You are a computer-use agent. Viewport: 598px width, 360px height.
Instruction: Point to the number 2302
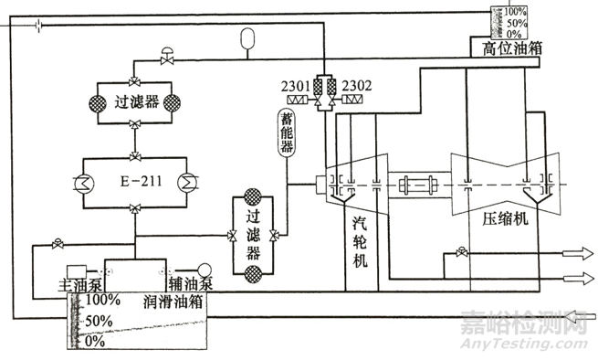click(357, 87)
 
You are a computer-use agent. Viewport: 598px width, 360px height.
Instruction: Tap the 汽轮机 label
click(361, 235)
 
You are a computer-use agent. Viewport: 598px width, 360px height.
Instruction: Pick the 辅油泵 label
click(188, 284)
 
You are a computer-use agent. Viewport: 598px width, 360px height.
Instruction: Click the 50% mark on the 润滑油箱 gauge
click(98, 321)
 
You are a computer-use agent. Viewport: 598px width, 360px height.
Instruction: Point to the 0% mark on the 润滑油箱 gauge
click(95, 341)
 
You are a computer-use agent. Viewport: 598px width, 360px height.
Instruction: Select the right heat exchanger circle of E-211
click(188, 181)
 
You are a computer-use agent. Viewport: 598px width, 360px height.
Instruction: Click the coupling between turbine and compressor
click(421, 184)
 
